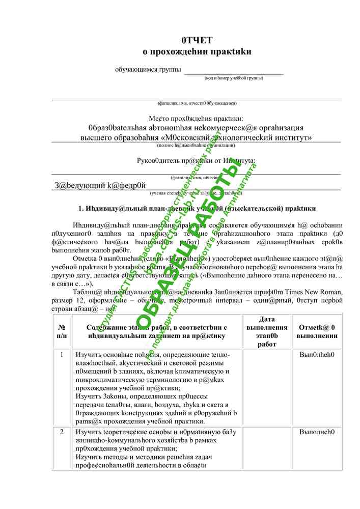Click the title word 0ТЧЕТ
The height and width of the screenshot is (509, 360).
pos(197,40)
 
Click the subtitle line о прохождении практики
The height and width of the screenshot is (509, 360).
pos(197,51)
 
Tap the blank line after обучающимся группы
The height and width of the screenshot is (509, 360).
pos(233,71)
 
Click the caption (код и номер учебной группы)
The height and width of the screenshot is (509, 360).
pos(234,78)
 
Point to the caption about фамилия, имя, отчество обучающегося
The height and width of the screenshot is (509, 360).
pos(197,103)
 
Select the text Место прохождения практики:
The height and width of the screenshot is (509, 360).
pos(197,118)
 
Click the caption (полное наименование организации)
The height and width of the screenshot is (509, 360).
pos(197,145)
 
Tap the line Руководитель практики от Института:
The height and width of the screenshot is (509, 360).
pos(197,161)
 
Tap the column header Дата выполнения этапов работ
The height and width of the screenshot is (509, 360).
pos(266,331)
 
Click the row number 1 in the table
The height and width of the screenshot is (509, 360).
pos(62,355)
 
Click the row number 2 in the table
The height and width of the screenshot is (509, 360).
pos(62,432)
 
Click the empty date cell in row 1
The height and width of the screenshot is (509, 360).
pos(266,387)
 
